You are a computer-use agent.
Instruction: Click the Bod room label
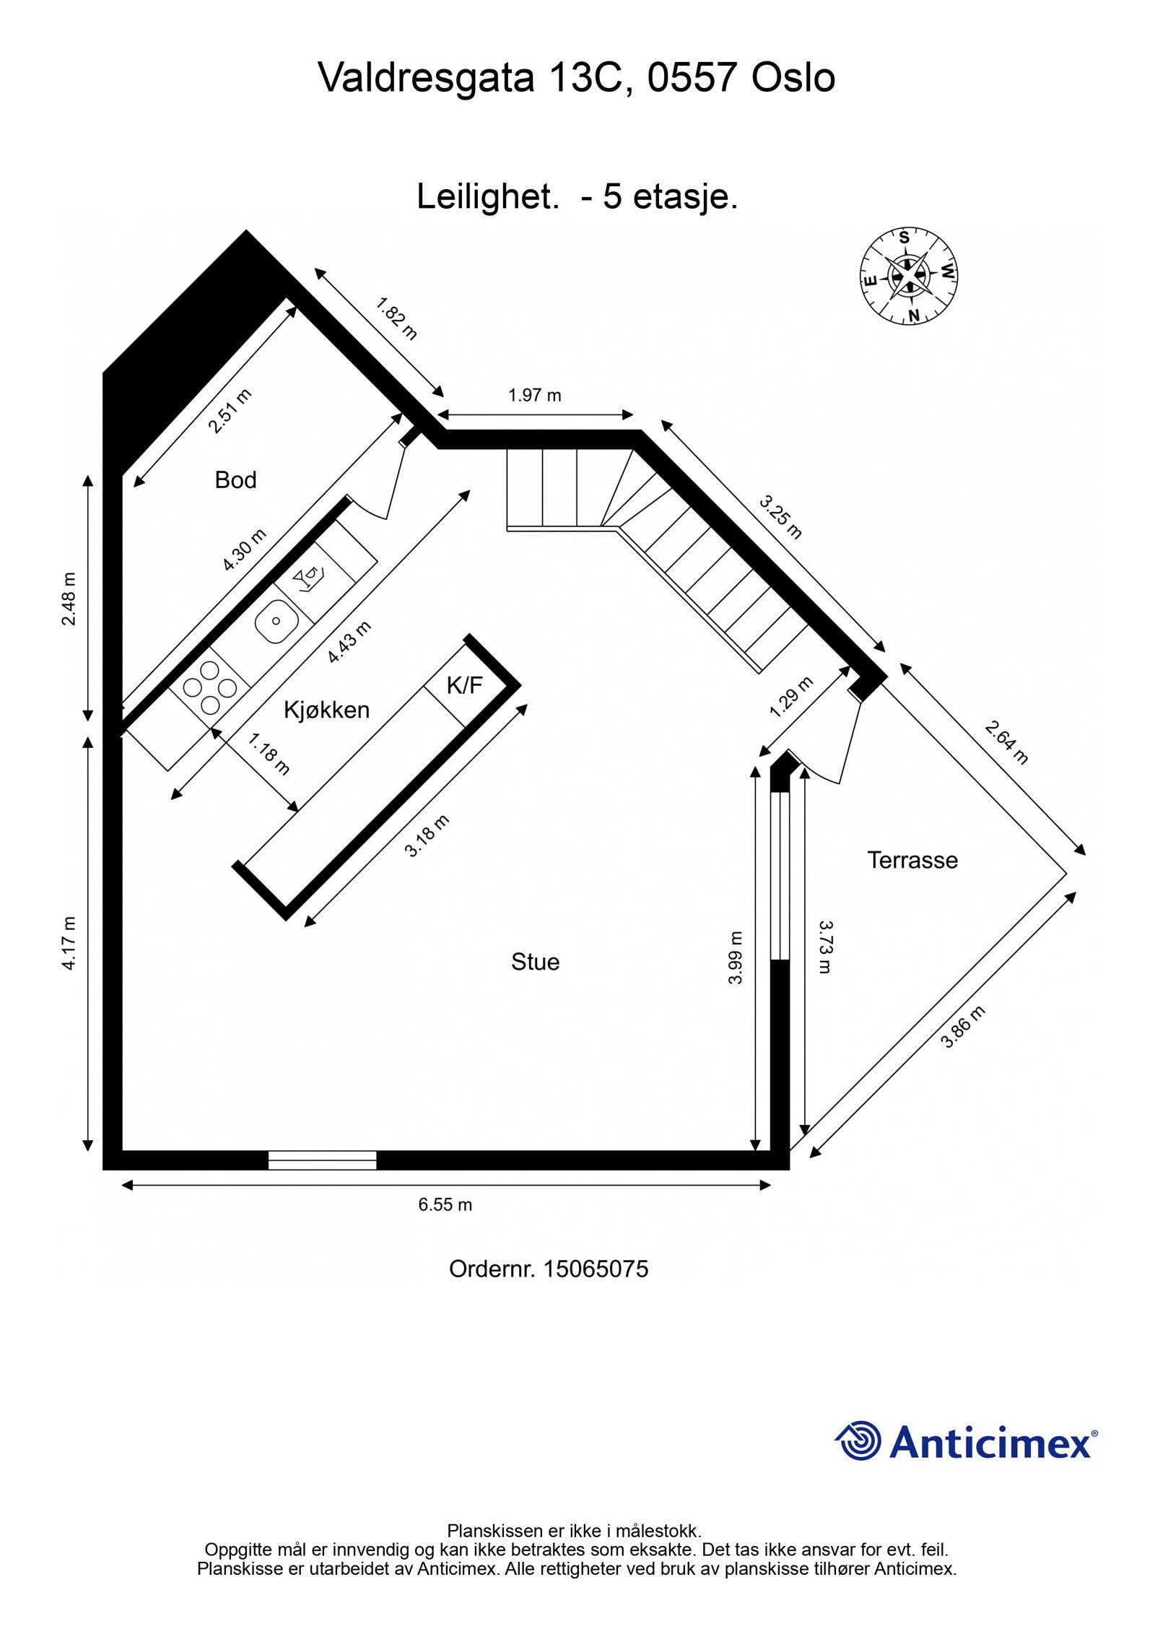pos(235,480)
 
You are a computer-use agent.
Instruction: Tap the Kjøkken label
pos(326,710)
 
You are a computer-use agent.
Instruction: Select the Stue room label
pos(535,962)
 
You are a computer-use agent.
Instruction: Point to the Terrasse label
pos(912,860)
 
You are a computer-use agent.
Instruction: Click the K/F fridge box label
pos(464,685)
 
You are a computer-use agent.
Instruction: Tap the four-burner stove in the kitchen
pos(209,687)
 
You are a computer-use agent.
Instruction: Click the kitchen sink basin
pos(276,621)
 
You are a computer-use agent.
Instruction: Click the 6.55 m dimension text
pos(445,1204)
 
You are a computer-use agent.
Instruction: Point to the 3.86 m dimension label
pos(963,1027)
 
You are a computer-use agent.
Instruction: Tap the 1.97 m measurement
pos(534,396)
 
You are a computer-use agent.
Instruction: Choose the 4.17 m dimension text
pos(69,943)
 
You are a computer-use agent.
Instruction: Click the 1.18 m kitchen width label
pos(269,754)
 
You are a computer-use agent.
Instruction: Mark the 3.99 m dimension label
pos(735,957)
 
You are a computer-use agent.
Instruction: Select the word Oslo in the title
pos(793,78)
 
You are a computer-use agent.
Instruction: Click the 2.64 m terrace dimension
pos(1006,743)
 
